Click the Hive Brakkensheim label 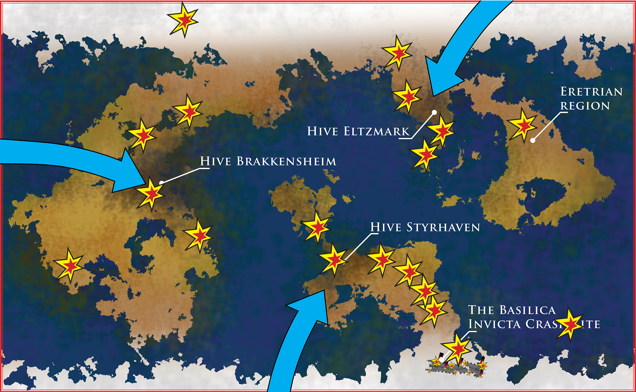click(x=268, y=161)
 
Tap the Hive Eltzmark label click(x=358, y=131)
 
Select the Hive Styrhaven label click(x=425, y=227)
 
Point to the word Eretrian click(x=591, y=92)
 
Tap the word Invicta click(x=494, y=324)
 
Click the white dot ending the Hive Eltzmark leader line click(x=435, y=112)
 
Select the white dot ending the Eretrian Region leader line click(x=533, y=141)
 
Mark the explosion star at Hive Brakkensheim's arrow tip click(x=151, y=194)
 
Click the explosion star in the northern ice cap click(x=184, y=20)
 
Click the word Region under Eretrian click(x=585, y=106)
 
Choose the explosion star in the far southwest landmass click(x=69, y=266)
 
